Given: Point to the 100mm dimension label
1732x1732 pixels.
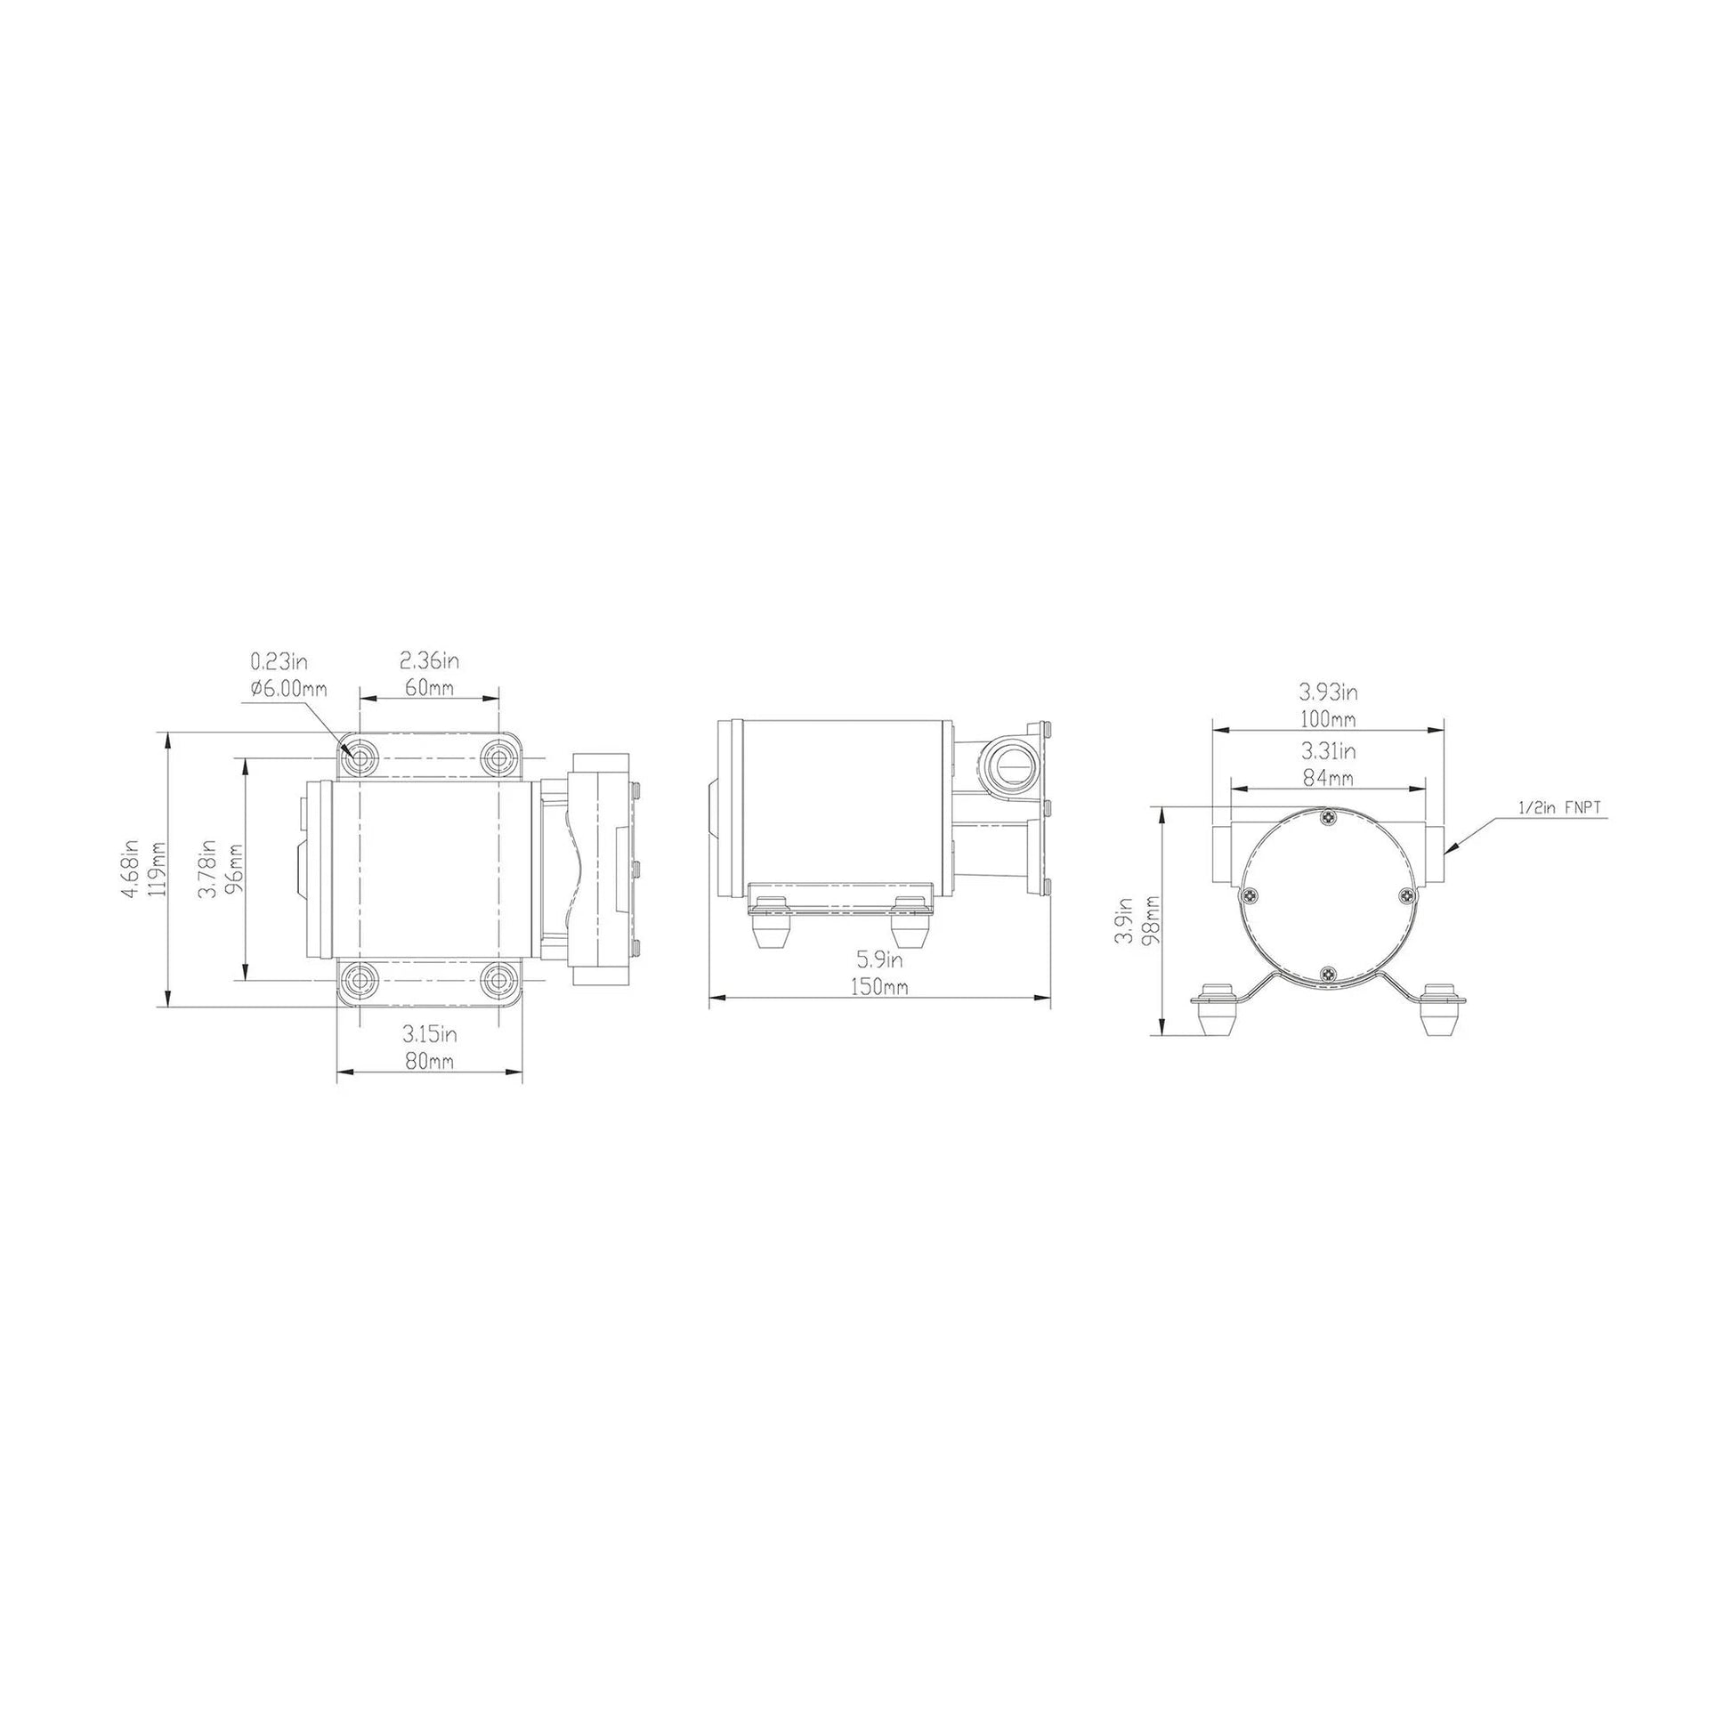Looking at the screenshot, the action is (x=1328, y=719).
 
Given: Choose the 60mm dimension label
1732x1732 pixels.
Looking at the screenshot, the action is (x=428, y=689).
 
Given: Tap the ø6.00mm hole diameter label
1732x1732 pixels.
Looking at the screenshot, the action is (x=288, y=689).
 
